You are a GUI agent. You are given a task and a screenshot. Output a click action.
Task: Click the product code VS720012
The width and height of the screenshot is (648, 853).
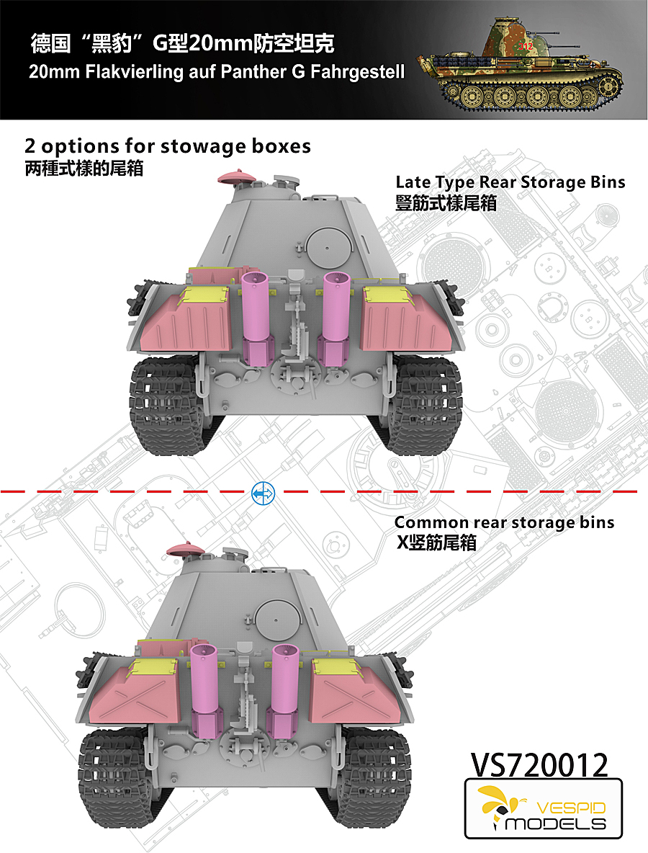[539, 765]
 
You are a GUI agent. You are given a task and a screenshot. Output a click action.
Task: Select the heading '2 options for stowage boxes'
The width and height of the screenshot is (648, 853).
[168, 146]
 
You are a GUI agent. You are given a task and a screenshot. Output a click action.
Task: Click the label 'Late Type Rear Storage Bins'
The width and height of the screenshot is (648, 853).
[510, 182]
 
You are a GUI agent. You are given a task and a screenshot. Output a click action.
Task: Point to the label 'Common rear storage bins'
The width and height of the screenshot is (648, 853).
[504, 522]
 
